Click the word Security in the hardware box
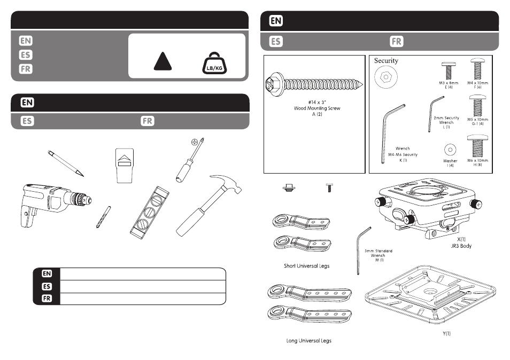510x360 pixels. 386,61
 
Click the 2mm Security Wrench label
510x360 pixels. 446,120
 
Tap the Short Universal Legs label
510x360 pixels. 306,265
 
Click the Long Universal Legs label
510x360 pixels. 309,340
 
